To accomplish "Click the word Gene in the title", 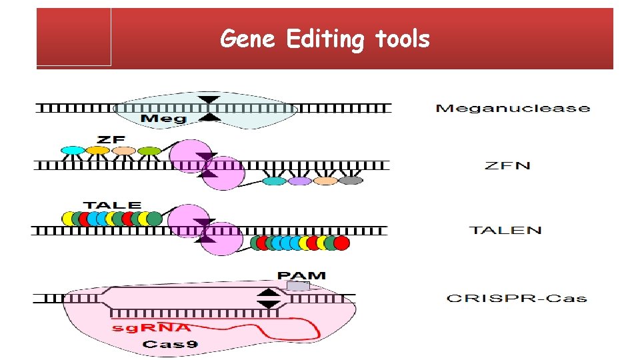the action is (247, 39).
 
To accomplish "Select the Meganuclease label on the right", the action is (512, 108).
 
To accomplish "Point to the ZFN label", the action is (508, 165).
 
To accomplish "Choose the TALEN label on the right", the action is (506, 230).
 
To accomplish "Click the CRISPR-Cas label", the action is (516, 298).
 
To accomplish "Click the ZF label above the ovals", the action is (111, 139).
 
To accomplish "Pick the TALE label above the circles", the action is (112, 205).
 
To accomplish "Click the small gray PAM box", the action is (298, 286).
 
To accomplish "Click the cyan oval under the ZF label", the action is (72, 151).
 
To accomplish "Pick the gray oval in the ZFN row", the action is (351, 181).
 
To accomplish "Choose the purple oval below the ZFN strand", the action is (300, 181).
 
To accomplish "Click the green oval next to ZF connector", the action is (150, 151).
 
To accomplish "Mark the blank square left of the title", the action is (74, 37).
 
